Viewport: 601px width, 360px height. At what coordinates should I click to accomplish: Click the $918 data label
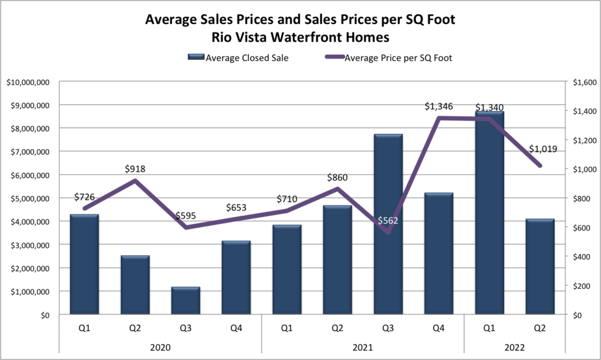pyautogui.click(x=135, y=169)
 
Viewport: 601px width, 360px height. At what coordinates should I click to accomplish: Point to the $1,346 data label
pyautogui.click(x=439, y=107)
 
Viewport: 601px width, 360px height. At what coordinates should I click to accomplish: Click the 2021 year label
pyautogui.click(x=363, y=348)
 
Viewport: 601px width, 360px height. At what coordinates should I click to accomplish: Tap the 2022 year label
pyautogui.click(x=515, y=348)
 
